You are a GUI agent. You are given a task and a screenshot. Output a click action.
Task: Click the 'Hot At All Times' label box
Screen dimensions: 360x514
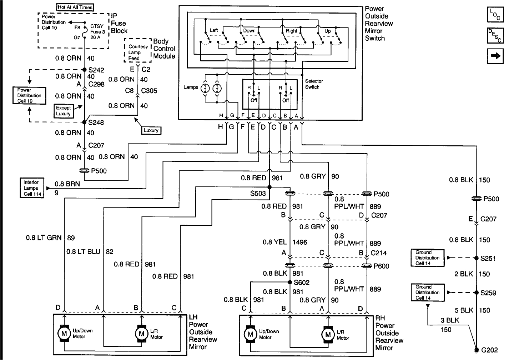click(75, 7)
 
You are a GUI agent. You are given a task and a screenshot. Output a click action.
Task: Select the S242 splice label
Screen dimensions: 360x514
click(96, 70)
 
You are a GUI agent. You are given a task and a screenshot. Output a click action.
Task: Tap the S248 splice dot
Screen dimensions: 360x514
click(85, 122)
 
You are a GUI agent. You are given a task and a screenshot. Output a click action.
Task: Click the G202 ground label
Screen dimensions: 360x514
click(489, 350)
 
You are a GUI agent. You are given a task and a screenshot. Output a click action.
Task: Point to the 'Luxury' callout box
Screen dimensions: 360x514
click(151, 130)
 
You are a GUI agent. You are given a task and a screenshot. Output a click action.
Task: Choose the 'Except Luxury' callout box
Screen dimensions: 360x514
click(64, 111)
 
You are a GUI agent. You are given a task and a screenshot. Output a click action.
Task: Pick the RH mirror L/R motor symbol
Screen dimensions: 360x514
click(327, 335)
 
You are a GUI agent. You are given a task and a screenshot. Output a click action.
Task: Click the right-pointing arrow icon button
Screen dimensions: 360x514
click(495, 56)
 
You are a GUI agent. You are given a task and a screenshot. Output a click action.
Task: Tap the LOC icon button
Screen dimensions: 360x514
click(495, 15)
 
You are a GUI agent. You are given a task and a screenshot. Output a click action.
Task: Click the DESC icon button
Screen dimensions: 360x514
click(495, 35)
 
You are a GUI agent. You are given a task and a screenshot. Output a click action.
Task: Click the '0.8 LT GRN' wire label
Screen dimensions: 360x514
click(44, 237)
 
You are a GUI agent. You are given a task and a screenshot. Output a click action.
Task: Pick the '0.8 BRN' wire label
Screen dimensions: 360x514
click(67, 184)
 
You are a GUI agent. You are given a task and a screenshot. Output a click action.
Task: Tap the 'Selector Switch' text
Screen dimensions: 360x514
click(314, 84)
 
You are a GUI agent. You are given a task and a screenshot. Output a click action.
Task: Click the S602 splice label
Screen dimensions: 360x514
click(302, 282)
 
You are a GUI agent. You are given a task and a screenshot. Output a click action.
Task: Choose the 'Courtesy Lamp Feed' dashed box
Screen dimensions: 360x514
click(138, 52)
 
